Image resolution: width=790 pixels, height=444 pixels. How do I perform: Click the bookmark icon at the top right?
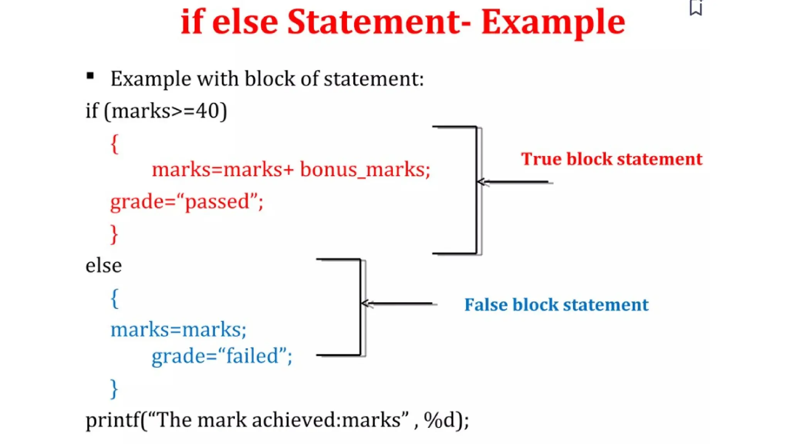696,8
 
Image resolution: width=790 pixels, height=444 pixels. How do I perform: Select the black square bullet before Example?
90,76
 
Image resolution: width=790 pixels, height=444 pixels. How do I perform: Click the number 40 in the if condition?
208,111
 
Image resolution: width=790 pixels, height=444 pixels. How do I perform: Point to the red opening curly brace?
114,144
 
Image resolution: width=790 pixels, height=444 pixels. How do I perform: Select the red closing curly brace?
114,234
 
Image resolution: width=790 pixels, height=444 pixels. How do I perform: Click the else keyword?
103,266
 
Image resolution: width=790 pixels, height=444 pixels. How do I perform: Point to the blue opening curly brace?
114,298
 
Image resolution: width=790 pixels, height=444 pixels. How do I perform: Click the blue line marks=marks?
178,330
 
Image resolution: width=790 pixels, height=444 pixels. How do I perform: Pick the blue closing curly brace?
114,388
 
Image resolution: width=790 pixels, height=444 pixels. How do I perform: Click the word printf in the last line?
112,420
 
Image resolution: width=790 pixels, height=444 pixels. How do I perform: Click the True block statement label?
611,159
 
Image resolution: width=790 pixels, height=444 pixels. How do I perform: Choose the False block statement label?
556,305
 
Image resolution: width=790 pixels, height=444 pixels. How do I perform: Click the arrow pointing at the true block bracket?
513,182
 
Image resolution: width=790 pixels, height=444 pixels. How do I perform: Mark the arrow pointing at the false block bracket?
397,304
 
